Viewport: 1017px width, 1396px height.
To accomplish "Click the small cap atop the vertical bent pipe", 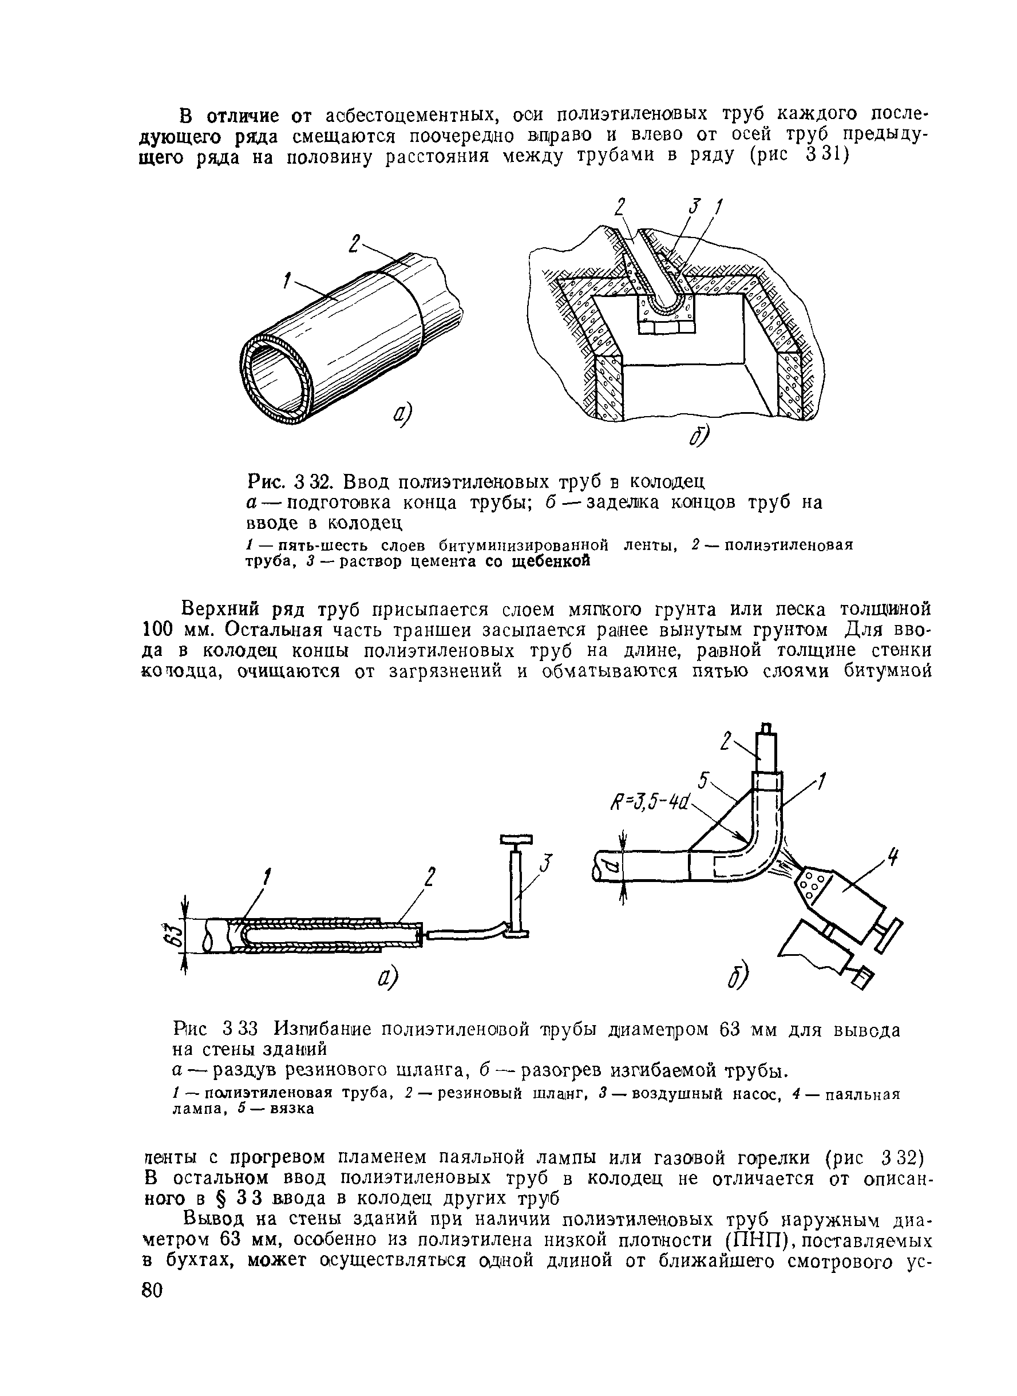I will click(766, 729).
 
